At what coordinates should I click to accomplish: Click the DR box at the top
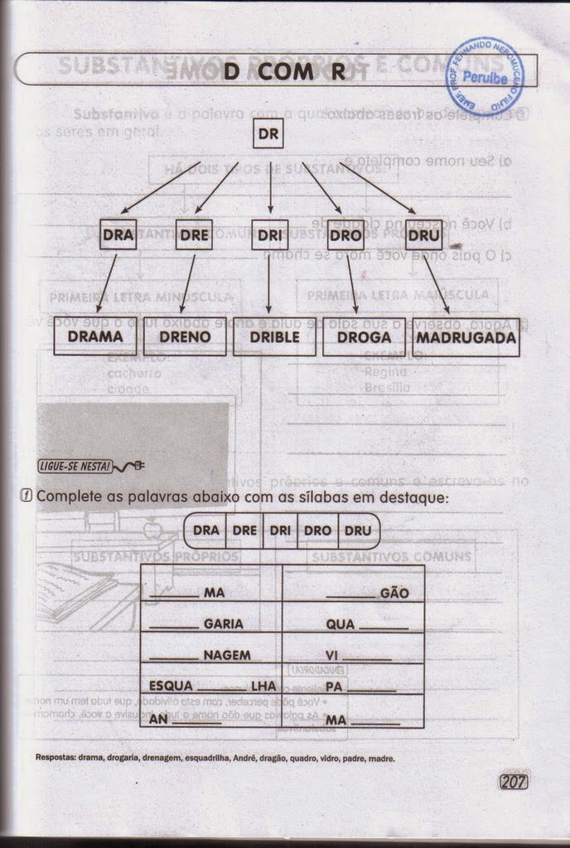coord(268,133)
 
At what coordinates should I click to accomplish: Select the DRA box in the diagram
coord(118,234)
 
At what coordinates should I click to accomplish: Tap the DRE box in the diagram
coord(194,234)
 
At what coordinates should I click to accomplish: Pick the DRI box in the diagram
coord(270,235)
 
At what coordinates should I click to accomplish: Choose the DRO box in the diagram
coord(345,235)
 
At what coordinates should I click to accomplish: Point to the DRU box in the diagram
coord(423,235)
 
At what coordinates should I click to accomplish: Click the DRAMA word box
coord(94,337)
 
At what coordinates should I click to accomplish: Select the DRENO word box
coord(185,337)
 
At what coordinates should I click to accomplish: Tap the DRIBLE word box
coord(273,337)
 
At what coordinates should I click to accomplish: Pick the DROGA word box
coord(363,337)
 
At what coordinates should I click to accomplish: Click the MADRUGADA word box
coord(466,337)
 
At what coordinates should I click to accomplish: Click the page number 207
coord(514,781)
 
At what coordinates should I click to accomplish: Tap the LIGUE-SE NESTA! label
coord(75,466)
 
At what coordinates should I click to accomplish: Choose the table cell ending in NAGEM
coord(210,655)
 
